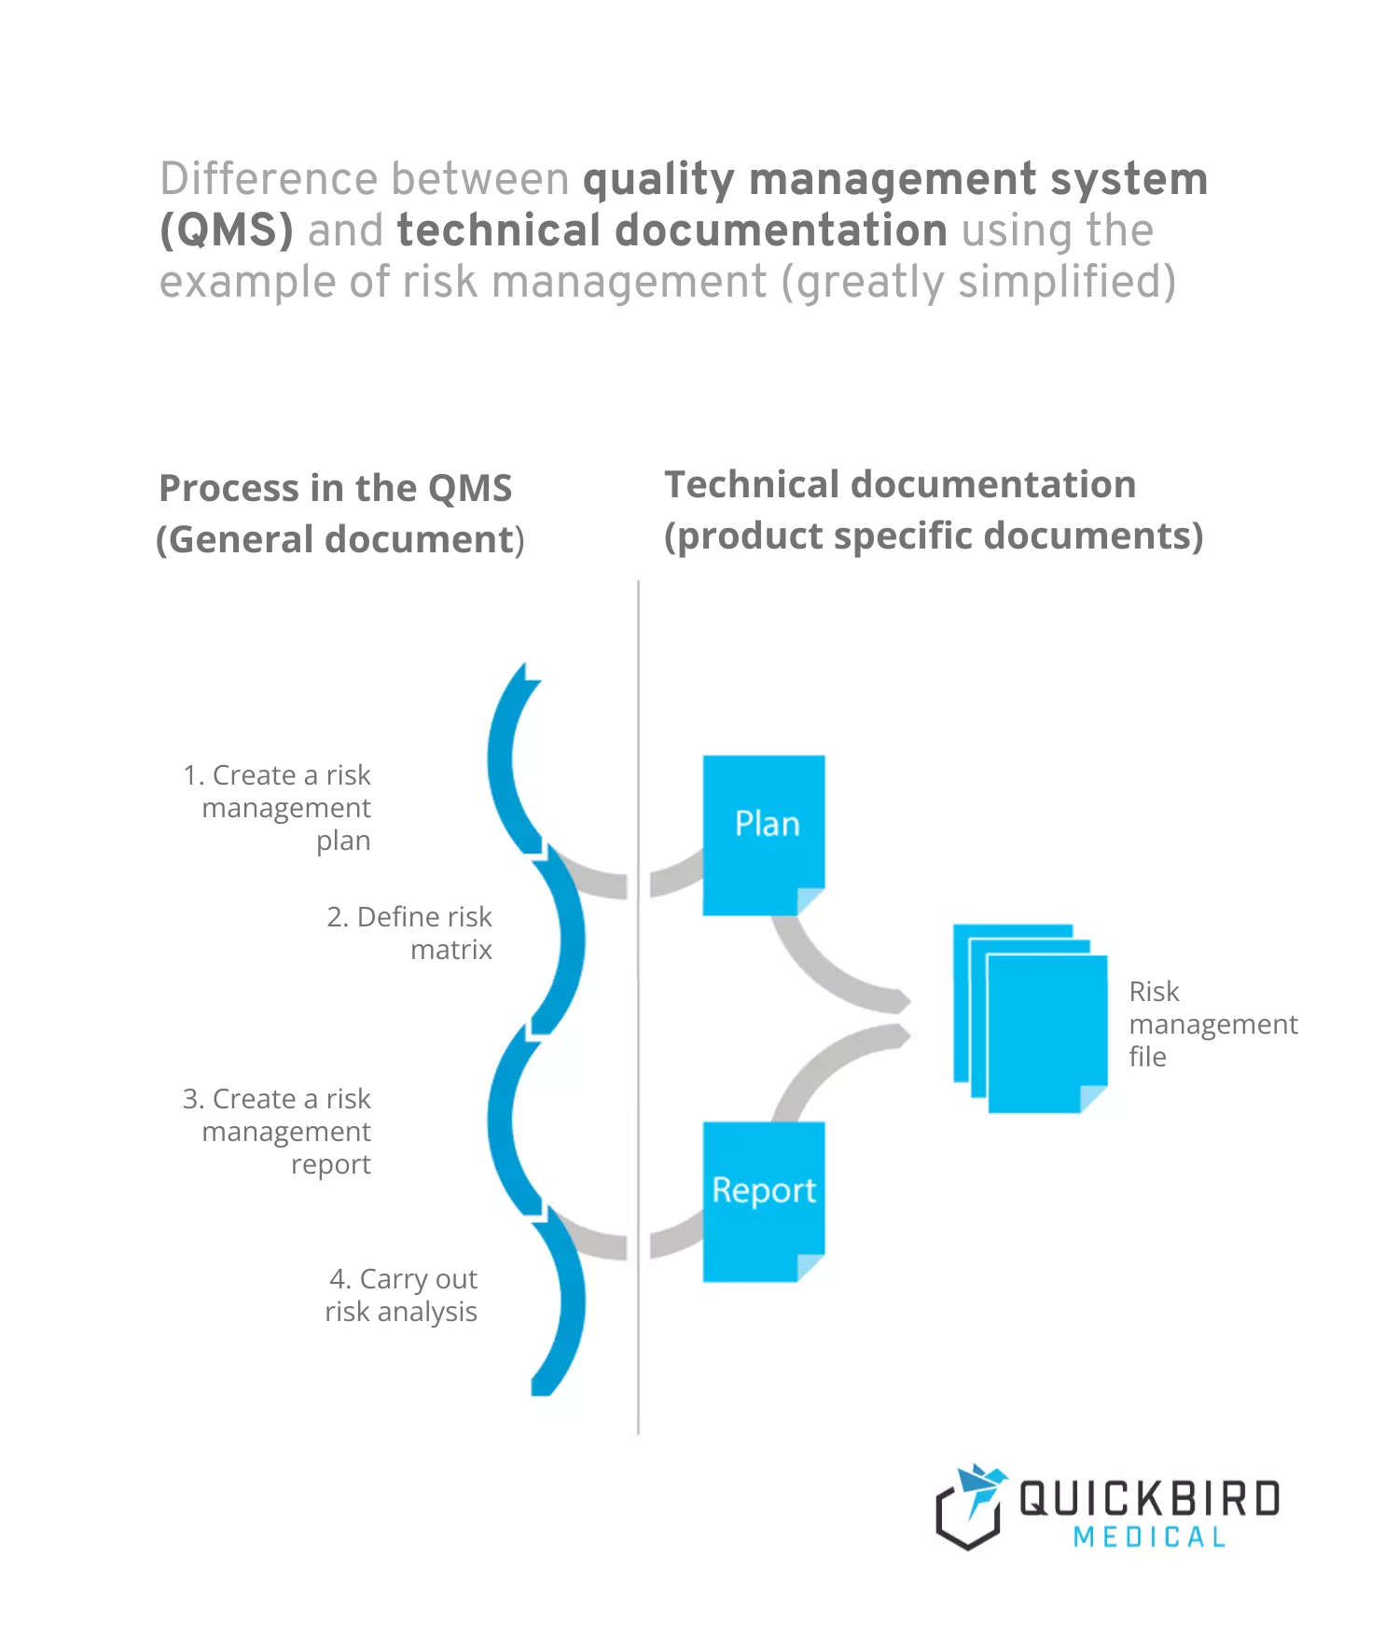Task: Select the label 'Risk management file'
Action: click(1212, 1023)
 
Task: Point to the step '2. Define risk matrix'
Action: click(409, 932)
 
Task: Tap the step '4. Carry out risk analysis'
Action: click(402, 1294)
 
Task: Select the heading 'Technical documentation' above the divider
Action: click(899, 484)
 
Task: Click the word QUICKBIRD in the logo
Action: click(1149, 1498)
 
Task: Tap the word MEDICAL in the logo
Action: click(1149, 1537)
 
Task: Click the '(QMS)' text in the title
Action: click(227, 230)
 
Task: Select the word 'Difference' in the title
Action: click(271, 179)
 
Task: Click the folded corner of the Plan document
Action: click(810, 900)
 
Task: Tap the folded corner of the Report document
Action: click(810, 1267)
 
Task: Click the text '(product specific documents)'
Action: click(933, 536)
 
